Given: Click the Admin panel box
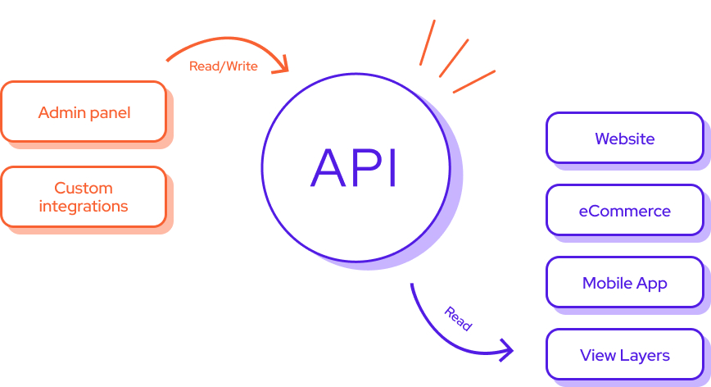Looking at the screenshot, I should coord(84,112).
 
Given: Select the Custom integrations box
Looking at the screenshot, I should coord(84,197).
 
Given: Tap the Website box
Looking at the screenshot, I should coord(624,139).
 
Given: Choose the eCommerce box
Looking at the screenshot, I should coord(624,211).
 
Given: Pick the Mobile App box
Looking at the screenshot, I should coord(624,283).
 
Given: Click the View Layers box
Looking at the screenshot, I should coord(624,355).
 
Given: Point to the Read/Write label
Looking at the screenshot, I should coord(224,66).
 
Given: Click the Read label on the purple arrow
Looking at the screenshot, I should coord(458,319).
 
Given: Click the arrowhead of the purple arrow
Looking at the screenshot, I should coord(506,351).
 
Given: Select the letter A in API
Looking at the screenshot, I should coord(328,168).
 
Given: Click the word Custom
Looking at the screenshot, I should coord(84,188).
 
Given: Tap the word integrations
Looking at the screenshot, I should coord(84,206).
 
